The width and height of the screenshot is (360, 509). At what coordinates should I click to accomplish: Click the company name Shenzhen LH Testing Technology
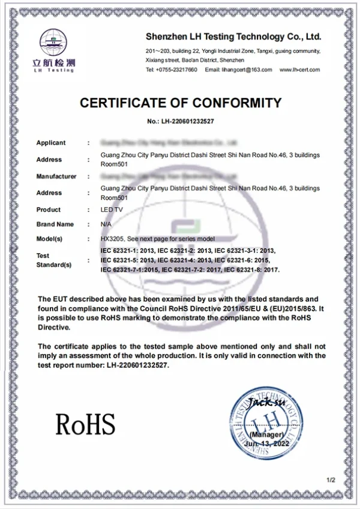[x=234, y=36]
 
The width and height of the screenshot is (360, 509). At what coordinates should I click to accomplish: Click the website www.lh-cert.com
[x=299, y=70]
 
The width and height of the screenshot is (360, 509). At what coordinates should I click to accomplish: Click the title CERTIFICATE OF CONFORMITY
[x=181, y=103]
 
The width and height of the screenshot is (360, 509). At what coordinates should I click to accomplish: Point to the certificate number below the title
[x=181, y=121]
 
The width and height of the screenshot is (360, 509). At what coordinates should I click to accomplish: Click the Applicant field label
[x=51, y=143]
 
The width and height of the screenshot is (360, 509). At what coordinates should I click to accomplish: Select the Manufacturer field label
[x=56, y=176]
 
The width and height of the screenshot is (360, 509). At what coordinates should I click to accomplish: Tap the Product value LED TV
[x=110, y=209]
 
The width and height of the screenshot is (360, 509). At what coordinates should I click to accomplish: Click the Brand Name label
[x=55, y=224]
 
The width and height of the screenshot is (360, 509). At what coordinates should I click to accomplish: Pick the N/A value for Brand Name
[x=106, y=224]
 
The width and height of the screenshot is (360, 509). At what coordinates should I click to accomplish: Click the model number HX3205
[x=112, y=238]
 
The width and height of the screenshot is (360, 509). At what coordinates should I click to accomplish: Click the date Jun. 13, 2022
[x=266, y=443]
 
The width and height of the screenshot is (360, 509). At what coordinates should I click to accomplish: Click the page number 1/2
[x=330, y=480]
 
